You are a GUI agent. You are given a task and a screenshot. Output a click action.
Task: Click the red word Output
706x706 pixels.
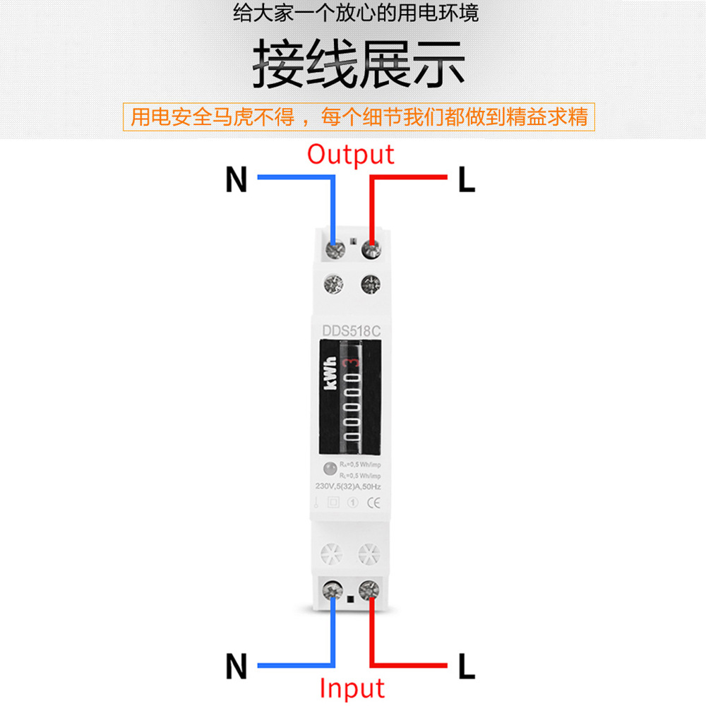[350, 155]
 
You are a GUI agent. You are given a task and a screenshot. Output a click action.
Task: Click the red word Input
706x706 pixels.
[352, 688]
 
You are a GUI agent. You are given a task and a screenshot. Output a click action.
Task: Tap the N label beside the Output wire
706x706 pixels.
[237, 180]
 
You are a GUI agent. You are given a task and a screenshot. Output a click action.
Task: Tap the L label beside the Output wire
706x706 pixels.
[466, 181]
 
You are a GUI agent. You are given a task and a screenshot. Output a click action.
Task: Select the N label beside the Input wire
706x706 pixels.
[237, 666]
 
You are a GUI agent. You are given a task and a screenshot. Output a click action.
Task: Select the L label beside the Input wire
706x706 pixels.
[466, 666]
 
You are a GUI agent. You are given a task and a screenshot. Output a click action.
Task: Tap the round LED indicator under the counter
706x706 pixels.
[329, 467]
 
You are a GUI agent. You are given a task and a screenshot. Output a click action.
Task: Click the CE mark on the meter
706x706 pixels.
[376, 503]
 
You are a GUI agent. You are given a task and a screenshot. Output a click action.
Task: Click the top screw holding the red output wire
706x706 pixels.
[371, 249]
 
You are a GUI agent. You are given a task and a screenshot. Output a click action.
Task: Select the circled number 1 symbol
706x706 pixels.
[354, 503]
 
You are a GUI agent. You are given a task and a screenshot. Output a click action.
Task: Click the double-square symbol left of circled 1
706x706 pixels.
[334, 503]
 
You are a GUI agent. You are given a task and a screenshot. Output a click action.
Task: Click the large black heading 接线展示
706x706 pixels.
[359, 66]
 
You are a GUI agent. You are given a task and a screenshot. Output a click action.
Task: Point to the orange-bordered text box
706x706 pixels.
[359, 116]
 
